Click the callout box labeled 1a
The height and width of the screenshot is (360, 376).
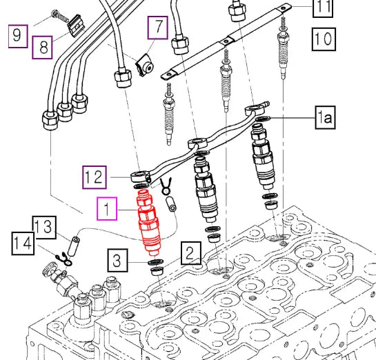(x=325, y=119)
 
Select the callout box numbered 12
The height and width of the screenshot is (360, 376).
(x=95, y=177)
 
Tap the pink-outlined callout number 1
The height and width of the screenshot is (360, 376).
(x=107, y=208)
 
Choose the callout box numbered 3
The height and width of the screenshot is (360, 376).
(x=118, y=261)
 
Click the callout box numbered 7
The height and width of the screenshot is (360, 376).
(x=157, y=28)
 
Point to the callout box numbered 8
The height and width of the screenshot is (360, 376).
(x=43, y=47)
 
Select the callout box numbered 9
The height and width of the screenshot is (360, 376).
(x=18, y=33)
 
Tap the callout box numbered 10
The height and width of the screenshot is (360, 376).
(x=322, y=37)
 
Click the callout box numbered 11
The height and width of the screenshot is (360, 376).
(x=322, y=8)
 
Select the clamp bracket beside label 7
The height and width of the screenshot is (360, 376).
(x=144, y=67)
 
